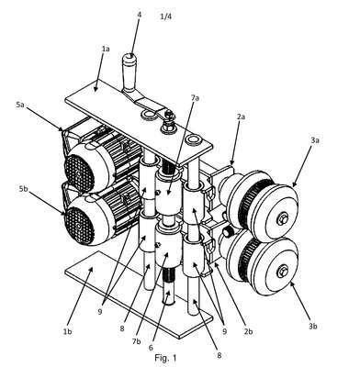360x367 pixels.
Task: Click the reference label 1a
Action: pyautogui.click(x=106, y=49)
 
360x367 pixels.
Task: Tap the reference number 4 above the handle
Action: pyautogui.click(x=140, y=14)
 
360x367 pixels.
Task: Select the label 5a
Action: pyautogui.click(x=20, y=105)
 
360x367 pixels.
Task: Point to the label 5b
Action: pyautogui.click(x=23, y=189)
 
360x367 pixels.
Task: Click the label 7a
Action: pyautogui.click(x=195, y=98)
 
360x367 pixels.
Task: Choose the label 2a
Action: pyautogui.click(x=241, y=117)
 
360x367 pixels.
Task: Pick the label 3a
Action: pyautogui.click(x=315, y=140)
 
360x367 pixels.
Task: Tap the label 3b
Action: pyautogui.click(x=312, y=326)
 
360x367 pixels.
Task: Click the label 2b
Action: pyautogui.click(x=248, y=331)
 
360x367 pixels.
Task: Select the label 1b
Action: pyautogui.click(x=68, y=331)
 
